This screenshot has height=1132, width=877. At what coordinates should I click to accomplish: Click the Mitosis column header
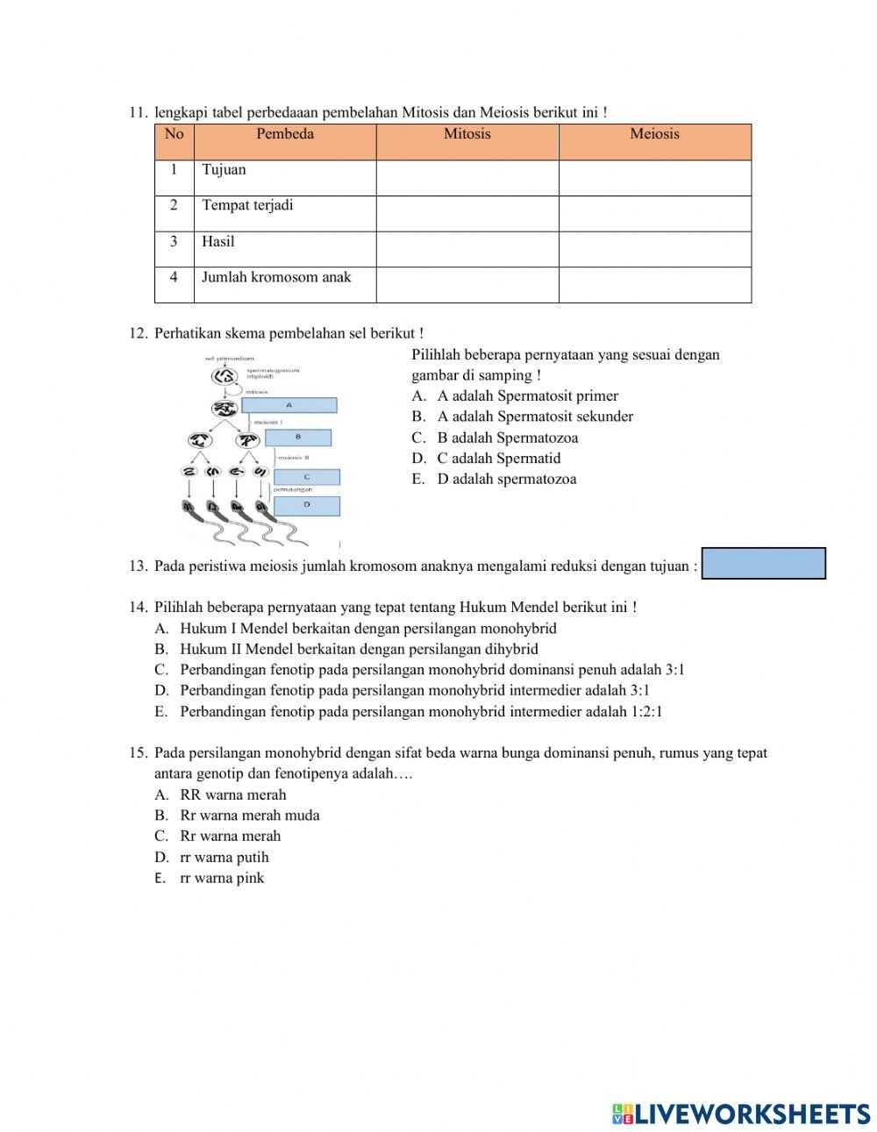pyautogui.click(x=467, y=134)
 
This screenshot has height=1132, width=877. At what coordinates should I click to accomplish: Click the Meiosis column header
pyautogui.click(x=654, y=134)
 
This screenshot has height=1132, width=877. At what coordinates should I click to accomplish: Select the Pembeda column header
pyautogui.click(x=284, y=134)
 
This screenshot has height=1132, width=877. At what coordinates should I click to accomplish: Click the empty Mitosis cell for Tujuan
pyautogui.click(x=467, y=177)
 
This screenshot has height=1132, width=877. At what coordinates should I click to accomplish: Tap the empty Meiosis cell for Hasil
pyautogui.click(x=654, y=249)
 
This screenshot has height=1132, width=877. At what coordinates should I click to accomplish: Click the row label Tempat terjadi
pyautogui.click(x=247, y=205)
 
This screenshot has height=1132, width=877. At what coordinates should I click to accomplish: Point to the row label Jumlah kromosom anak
pyautogui.click(x=276, y=277)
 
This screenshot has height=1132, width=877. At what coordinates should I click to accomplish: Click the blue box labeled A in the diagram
pyautogui.click(x=289, y=405)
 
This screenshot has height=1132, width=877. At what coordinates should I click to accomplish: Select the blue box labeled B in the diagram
pyautogui.click(x=298, y=437)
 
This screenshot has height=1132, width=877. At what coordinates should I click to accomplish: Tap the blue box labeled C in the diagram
pyautogui.click(x=306, y=478)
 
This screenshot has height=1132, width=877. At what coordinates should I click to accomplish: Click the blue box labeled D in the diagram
pyautogui.click(x=306, y=506)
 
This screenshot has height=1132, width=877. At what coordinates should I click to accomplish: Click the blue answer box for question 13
pyautogui.click(x=764, y=564)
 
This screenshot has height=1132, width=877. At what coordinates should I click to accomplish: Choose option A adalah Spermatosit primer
pyautogui.click(x=527, y=396)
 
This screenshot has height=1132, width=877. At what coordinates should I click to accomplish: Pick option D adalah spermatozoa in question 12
pyautogui.click(x=506, y=479)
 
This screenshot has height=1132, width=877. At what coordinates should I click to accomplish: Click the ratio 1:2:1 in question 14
pyautogui.click(x=646, y=712)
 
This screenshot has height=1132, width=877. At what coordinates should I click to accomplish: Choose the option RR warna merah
pyautogui.click(x=232, y=795)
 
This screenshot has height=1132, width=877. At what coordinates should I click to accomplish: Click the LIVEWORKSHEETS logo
pyautogui.click(x=741, y=1114)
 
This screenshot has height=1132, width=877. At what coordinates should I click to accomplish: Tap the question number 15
pyautogui.click(x=137, y=753)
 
